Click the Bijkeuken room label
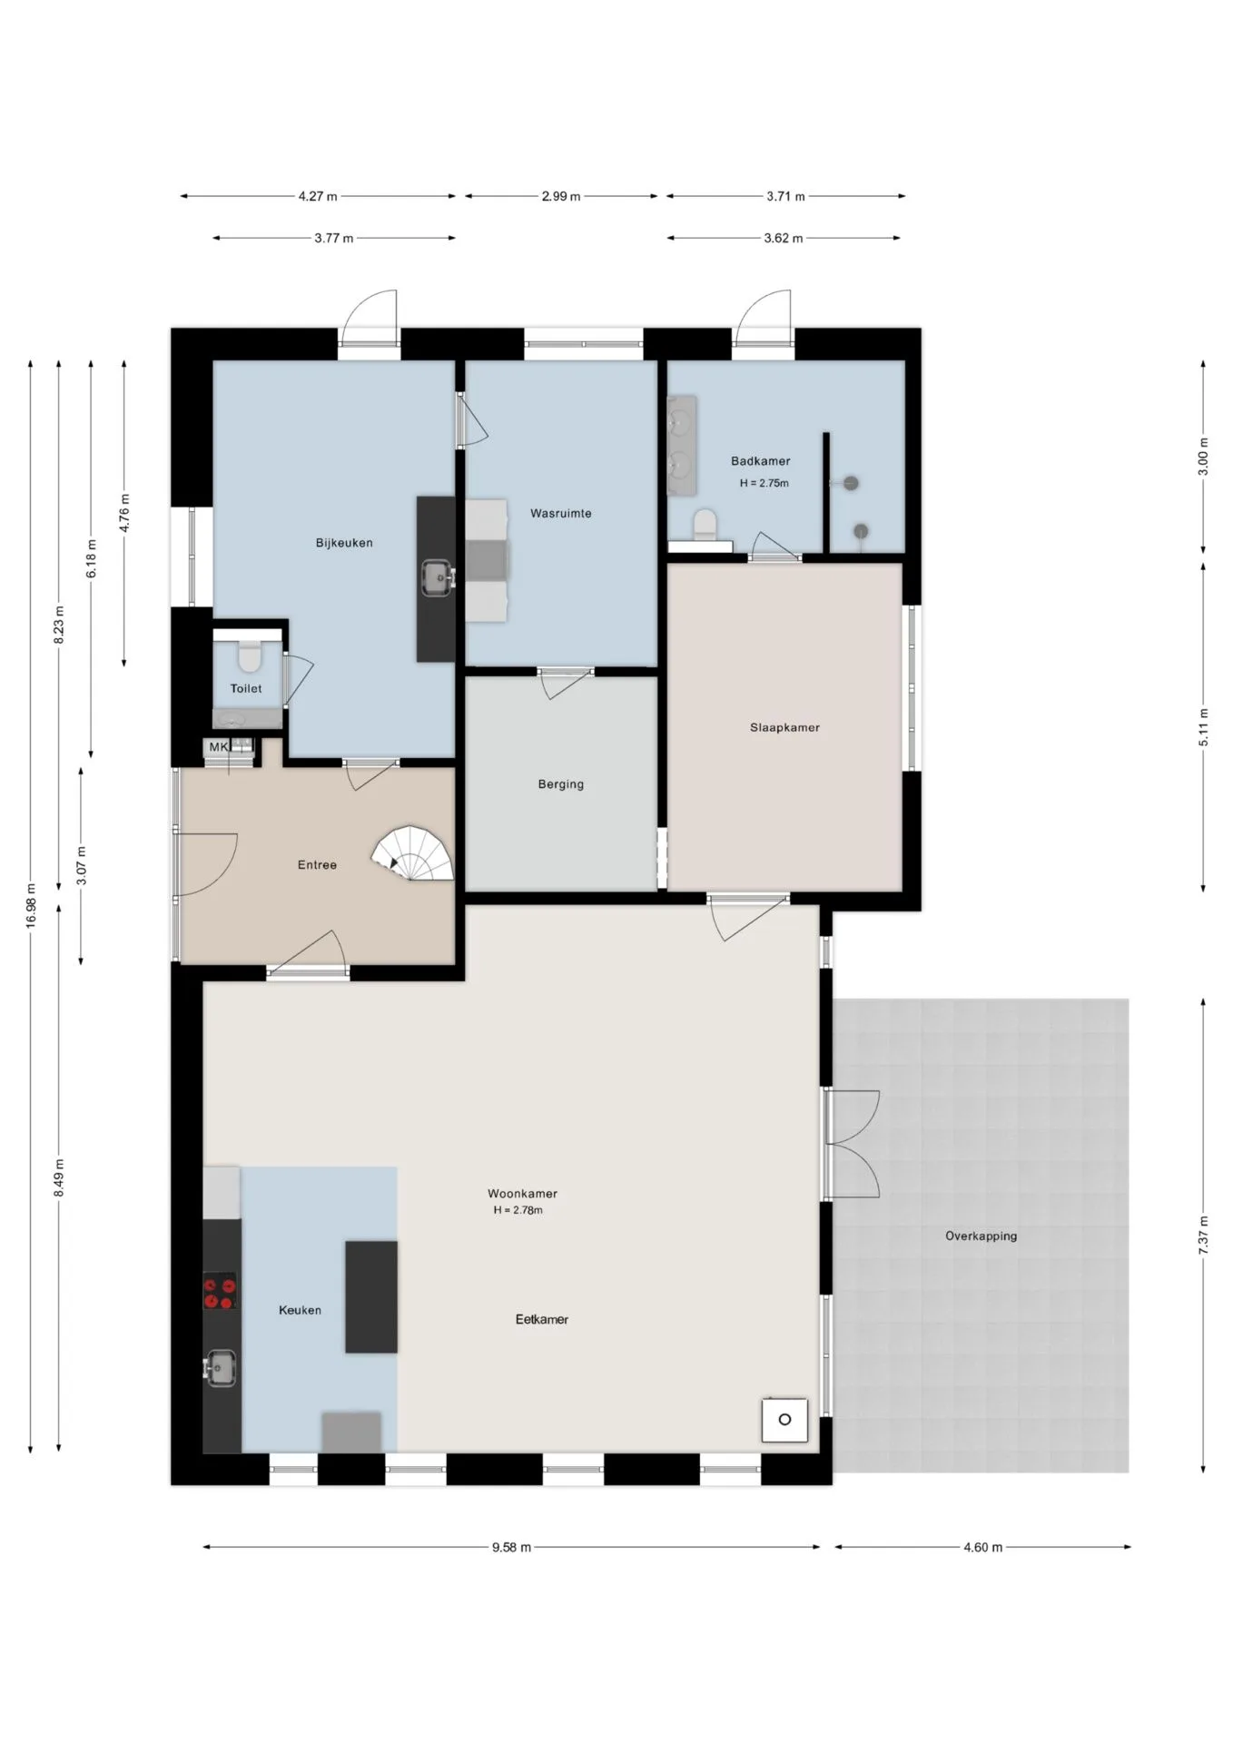344,543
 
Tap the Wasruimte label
561,513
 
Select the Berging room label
561,784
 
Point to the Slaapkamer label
785,727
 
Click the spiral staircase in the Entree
413,853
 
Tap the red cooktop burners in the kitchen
220,1290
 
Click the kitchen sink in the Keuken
221,1368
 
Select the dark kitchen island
371,1296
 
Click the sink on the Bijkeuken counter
437,576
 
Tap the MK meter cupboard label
219,747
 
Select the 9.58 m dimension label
511,1547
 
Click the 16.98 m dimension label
31,905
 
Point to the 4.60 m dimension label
983,1547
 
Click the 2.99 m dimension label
561,196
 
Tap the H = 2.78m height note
518,1210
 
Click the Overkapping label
981,1236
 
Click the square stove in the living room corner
784,1420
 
